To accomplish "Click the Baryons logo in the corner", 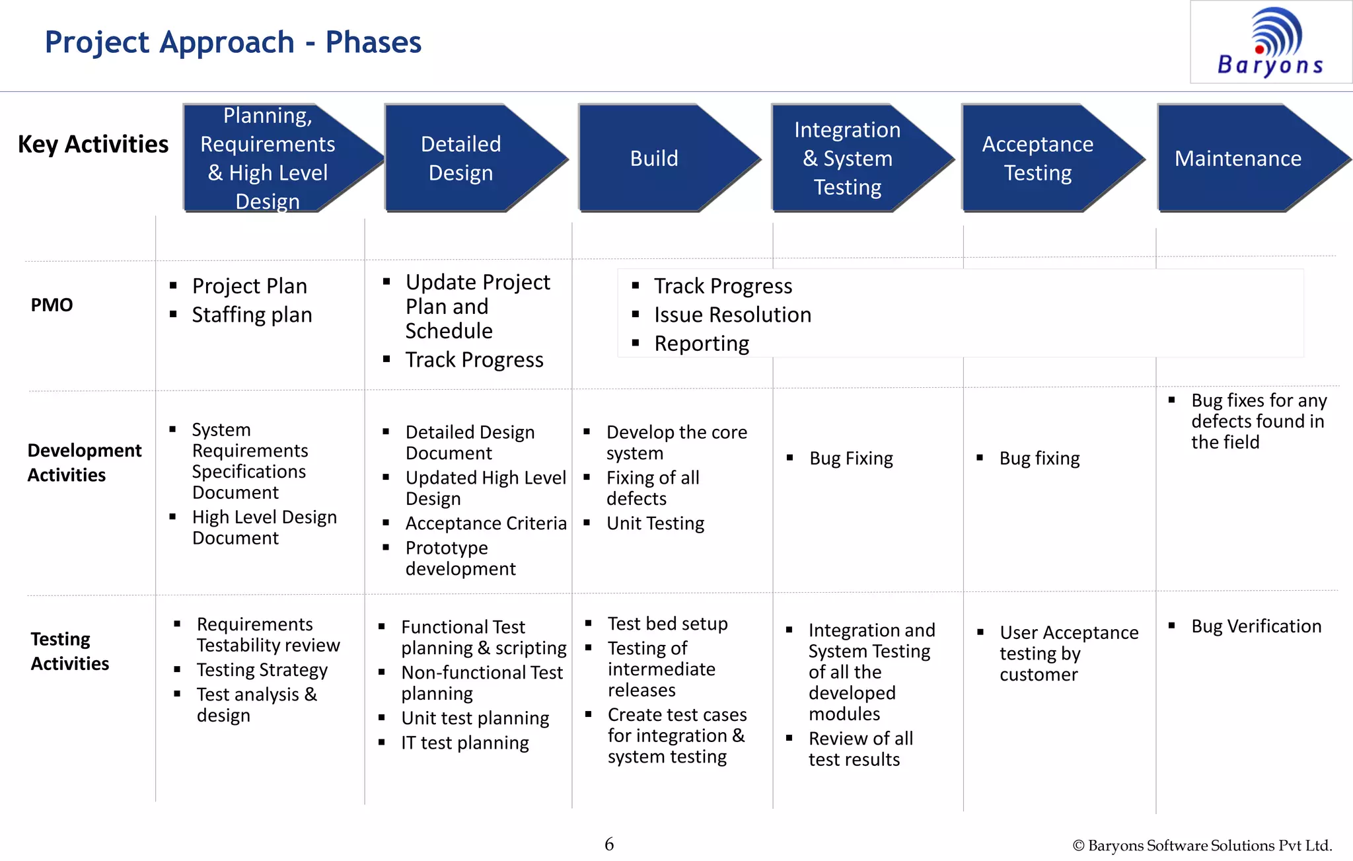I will click(x=1270, y=42).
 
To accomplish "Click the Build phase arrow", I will click(x=654, y=159).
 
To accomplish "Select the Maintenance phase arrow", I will click(x=1238, y=159).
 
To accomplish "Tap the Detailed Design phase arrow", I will click(x=461, y=159).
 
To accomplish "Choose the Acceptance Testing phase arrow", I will click(x=1037, y=159).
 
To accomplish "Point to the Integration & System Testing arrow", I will click(x=847, y=159).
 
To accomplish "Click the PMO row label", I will click(x=52, y=305).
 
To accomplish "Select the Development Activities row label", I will click(x=84, y=463).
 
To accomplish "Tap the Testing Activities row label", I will click(x=69, y=651).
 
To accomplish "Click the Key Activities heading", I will click(x=93, y=144).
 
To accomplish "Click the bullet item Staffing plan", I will click(x=252, y=315).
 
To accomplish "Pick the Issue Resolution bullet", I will click(x=732, y=315).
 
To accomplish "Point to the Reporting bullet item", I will click(x=702, y=344).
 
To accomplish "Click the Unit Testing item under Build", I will click(x=655, y=523).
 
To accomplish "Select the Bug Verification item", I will click(x=1256, y=626).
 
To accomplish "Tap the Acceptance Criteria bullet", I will click(x=486, y=523).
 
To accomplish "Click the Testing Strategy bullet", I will click(x=262, y=670).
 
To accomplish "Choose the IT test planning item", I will click(x=464, y=743).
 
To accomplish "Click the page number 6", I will click(x=609, y=844).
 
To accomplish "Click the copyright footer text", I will click(x=1202, y=846).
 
